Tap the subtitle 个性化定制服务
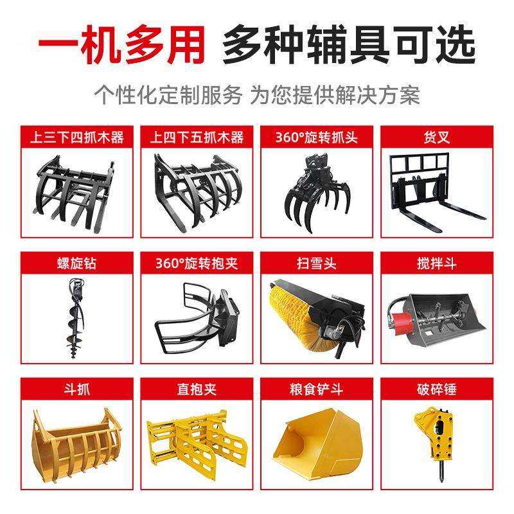(169, 96)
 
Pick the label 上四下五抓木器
(197, 137)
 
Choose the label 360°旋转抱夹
(197, 263)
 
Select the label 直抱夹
(197, 389)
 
